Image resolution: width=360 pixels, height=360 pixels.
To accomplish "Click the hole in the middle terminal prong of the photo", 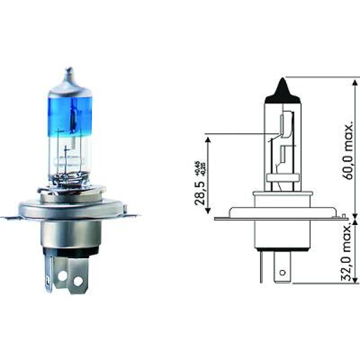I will (x=62, y=276).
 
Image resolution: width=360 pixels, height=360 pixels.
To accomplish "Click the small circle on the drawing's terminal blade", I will (x=283, y=271).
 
